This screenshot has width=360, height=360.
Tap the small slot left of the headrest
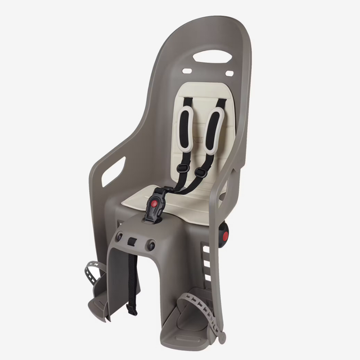pyautogui.click(x=186, y=71)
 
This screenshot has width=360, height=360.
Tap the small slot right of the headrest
pyautogui.click(x=229, y=74)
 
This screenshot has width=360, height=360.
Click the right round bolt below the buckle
pyautogui.click(x=152, y=245)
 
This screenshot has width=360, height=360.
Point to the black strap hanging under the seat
pyautogui.click(x=133, y=281)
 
